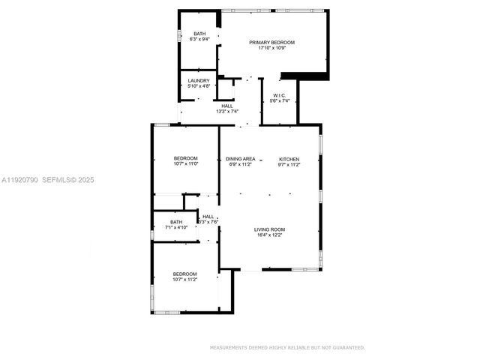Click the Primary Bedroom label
point(271,43)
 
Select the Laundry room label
point(199,80)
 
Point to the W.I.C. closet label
point(279,95)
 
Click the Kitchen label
point(289,158)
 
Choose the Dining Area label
point(241,158)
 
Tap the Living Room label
point(268,229)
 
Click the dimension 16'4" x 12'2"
point(268,235)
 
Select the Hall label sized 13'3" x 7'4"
point(226,106)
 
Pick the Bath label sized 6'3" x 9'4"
point(199,34)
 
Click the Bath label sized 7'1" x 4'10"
point(176,221)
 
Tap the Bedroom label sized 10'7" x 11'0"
point(185,157)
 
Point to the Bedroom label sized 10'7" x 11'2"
point(185,274)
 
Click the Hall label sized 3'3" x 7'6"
point(208,217)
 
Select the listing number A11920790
point(19,180)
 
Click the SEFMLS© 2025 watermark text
point(68,180)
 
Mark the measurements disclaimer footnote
point(287,347)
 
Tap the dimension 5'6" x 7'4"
point(279,101)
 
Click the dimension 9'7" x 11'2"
point(289,164)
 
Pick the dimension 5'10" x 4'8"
point(199,86)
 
